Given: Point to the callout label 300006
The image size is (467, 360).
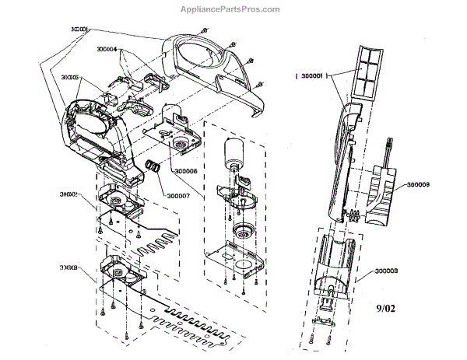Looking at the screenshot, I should coord(188,171).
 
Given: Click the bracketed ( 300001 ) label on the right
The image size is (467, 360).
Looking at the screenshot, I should coord(311,76).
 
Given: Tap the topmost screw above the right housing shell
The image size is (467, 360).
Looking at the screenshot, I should coord(203,30).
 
